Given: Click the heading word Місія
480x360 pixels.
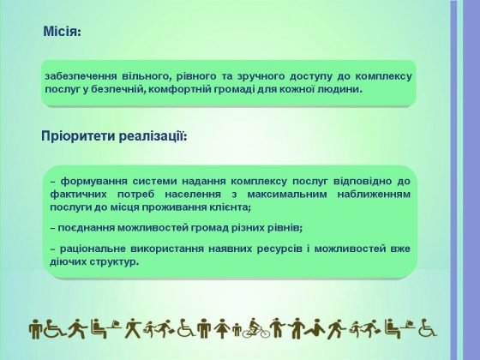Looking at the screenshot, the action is pos(62,32).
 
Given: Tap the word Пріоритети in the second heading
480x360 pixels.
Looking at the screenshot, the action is pos(78,136).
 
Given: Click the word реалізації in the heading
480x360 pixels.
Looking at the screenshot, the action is pos(153,136).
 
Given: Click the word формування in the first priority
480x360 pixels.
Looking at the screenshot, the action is pos(94,181).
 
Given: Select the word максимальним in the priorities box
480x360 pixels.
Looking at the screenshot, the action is pos(287,194).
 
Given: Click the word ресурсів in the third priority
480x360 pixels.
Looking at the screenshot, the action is pos(279,249).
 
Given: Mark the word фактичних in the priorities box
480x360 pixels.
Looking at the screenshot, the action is pos(78,195).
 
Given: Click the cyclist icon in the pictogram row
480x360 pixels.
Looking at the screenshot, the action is pos(256,328).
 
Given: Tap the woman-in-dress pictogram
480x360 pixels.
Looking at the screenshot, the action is pos(222,328).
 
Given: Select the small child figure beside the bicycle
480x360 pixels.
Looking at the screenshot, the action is pos(237,331).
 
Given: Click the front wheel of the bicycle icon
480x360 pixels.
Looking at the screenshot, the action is pos(264,333).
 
